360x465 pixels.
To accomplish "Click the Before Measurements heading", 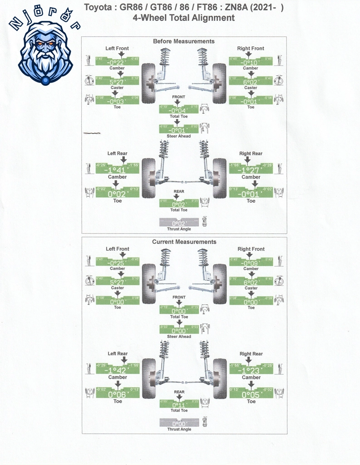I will pos(183,41).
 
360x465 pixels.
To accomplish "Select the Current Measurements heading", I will pos(184,242).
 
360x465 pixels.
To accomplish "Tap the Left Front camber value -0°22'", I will pos(118,62).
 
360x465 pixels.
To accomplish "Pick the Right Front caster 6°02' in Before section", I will pos(251,82).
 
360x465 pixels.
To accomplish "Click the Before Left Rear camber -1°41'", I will pos(118,170).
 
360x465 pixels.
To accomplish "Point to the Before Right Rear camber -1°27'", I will pos(251,170).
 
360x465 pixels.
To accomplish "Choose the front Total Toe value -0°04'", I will pos(179,110).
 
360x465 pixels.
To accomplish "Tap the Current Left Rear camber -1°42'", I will pos(118,371).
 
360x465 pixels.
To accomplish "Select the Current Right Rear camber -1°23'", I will pos(251,371).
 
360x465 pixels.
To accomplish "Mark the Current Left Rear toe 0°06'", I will pos(118,395).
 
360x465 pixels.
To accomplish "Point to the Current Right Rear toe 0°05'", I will pos(251,395).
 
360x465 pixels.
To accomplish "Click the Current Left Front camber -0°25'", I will pos(118,263).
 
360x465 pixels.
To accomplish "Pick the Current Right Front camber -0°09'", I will pos(251,263).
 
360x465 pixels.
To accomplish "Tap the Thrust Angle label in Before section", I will pos(179,229).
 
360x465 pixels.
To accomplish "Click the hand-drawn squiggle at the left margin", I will pos(92,133).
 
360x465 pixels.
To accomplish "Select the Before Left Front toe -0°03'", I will pos(118,102).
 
